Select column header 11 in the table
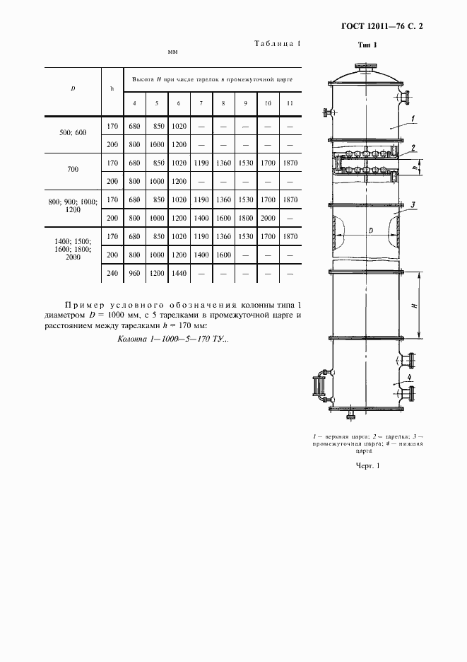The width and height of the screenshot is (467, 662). coord(290,104)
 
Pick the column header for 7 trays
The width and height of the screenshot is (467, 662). coord(201,104)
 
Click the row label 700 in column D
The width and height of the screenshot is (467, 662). coord(73,170)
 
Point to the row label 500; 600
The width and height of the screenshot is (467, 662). coord(73,132)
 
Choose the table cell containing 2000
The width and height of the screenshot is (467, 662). coord(268,219)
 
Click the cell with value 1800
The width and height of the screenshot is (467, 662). coord(245,219)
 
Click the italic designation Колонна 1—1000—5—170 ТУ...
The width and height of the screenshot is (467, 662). coord(172,339)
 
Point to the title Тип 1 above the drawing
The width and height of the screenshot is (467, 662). coord(368,45)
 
